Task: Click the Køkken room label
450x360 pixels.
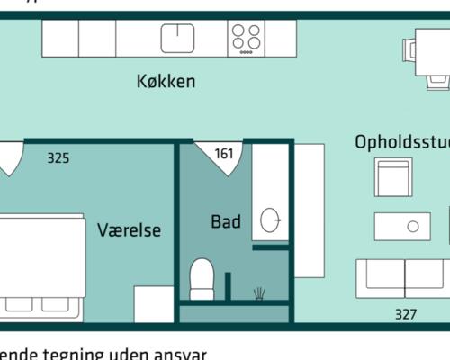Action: tap(166, 82)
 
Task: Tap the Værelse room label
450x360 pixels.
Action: tap(129, 230)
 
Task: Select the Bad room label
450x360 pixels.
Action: tap(226, 221)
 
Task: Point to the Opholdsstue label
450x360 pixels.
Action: tap(401, 142)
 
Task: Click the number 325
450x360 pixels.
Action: tap(58, 158)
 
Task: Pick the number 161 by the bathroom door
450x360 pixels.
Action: tap(223, 154)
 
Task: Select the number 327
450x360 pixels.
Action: tap(406, 314)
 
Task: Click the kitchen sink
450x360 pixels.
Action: tap(178, 38)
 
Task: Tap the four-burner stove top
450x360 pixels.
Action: tap(247, 38)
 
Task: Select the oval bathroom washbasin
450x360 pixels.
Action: tap(269, 219)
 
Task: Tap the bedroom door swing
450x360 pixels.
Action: tap(9, 157)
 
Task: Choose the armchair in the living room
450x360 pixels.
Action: tap(393, 178)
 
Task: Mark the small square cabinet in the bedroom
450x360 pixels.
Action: tap(153, 303)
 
